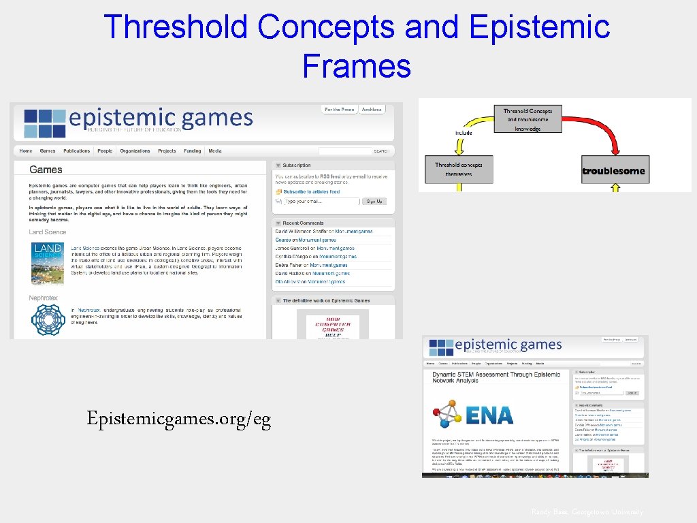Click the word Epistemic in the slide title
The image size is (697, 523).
click(539, 27)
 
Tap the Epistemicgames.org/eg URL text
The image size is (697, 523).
click(178, 419)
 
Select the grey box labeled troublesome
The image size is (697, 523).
click(613, 170)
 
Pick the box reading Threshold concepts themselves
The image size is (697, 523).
click(459, 169)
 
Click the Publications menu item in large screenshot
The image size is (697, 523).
click(76, 151)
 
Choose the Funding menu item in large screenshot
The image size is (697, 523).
click(192, 151)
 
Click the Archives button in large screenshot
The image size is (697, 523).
click(372, 110)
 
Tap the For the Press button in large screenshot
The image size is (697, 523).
click(339, 110)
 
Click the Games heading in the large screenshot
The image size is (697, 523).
click(46, 170)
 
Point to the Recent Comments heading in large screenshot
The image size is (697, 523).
click(303, 223)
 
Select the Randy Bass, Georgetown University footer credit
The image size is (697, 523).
click(587, 512)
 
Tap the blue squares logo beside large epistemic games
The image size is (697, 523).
click(44, 123)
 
